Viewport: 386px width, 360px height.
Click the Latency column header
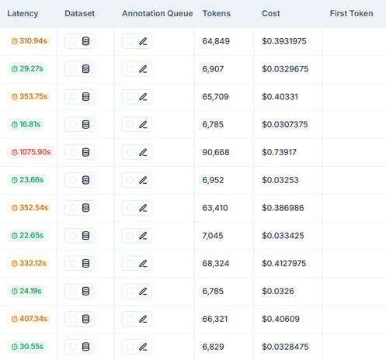(x=23, y=13)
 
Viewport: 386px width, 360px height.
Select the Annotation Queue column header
(x=158, y=13)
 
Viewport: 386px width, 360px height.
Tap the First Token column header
(x=351, y=13)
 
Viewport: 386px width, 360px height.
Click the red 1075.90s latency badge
(x=30, y=152)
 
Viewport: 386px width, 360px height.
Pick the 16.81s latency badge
(x=26, y=124)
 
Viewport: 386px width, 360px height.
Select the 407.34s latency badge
(x=29, y=319)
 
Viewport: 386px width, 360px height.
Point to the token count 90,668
(x=216, y=152)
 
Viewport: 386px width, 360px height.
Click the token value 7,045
(x=213, y=236)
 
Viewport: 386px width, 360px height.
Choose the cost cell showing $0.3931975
(x=284, y=41)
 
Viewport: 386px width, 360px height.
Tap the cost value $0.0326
(x=278, y=291)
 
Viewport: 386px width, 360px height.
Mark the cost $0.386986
(x=283, y=208)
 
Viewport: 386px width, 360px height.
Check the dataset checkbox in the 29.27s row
(x=73, y=69)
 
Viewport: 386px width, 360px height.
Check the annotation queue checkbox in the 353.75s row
(x=130, y=97)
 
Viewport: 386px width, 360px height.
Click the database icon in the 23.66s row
(x=85, y=180)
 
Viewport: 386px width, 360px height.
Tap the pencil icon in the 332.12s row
(x=143, y=263)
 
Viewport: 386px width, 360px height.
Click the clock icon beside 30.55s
(x=15, y=347)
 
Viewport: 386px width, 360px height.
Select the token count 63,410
(x=215, y=208)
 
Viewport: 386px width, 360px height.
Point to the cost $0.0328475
(x=285, y=347)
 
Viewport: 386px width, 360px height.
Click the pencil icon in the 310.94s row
(x=143, y=41)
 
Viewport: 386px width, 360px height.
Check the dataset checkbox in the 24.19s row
(x=73, y=291)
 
